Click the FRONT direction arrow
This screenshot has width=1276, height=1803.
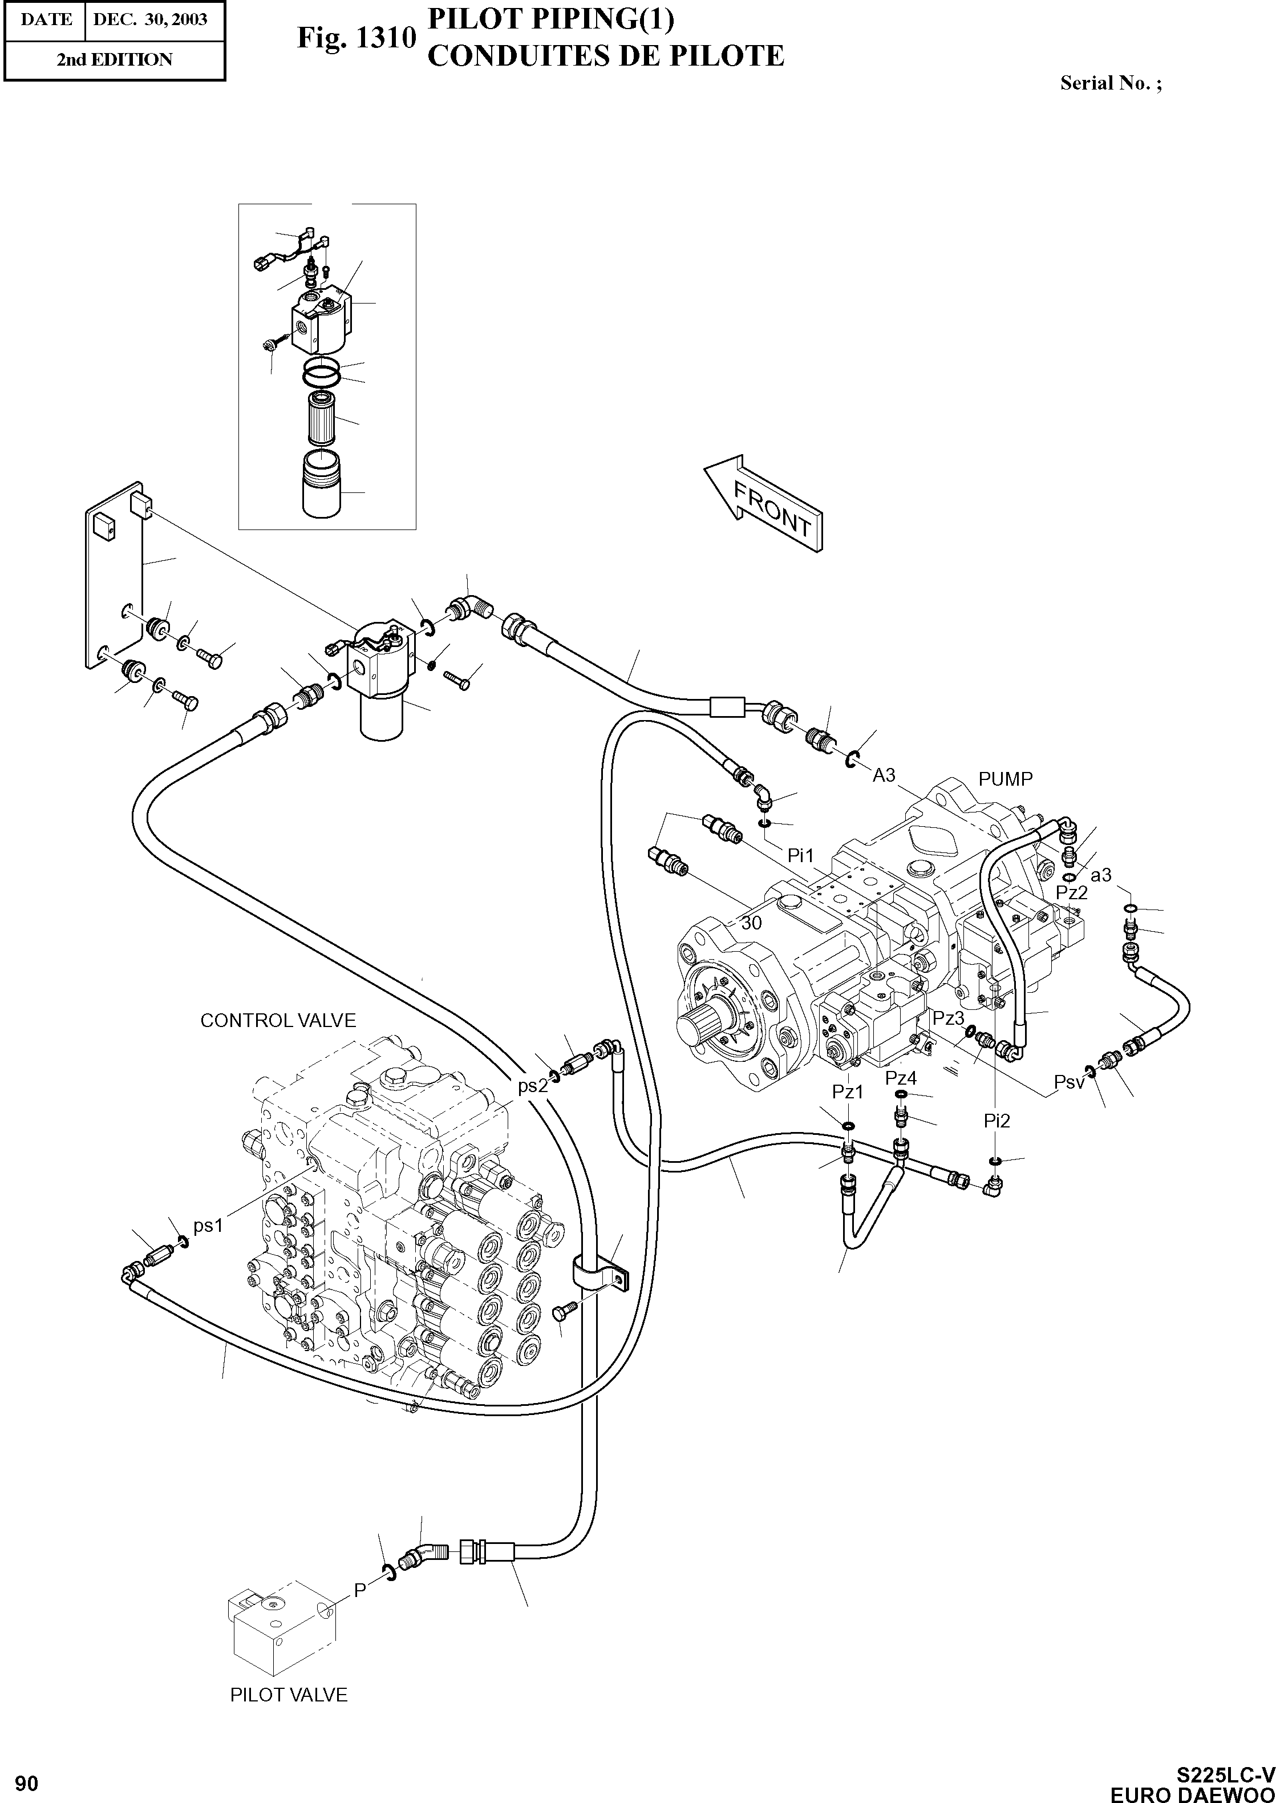[764, 503]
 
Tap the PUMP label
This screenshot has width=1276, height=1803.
[1005, 779]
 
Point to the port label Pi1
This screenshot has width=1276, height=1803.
[801, 854]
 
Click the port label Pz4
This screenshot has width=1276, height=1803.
[901, 1078]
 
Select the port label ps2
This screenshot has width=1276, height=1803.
[532, 1086]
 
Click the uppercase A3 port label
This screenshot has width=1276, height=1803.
[884, 775]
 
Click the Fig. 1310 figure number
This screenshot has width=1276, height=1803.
[356, 38]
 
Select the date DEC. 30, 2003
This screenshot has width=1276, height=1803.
[150, 19]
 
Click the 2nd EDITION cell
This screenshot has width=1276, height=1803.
[114, 60]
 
